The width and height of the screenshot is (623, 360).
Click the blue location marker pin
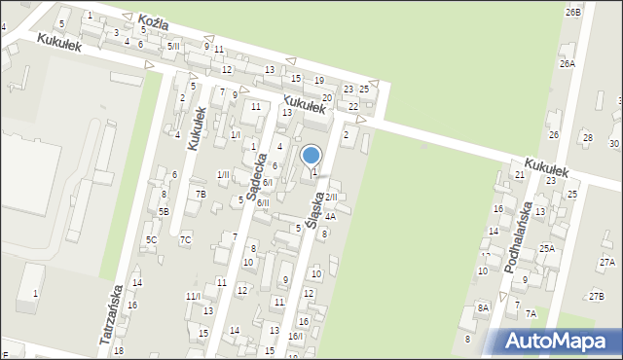[311, 156]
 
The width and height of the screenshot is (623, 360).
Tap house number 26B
[572, 12]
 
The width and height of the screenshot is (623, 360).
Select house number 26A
[567, 63]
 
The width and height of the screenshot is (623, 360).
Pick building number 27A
[607, 263]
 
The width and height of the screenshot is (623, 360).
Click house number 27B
[596, 297]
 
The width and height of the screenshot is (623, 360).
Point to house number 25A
[547, 249]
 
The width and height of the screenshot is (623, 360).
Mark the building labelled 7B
[201, 194]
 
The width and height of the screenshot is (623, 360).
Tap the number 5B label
[164, 211]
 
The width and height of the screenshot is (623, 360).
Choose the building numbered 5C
[151, 239]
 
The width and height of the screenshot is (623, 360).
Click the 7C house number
[185, 239]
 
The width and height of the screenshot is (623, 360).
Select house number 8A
[483, 307]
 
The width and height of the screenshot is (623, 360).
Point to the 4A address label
[331, 216]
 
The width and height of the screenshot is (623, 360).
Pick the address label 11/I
[193, 296]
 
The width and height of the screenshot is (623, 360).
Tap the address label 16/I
[296, 336]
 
